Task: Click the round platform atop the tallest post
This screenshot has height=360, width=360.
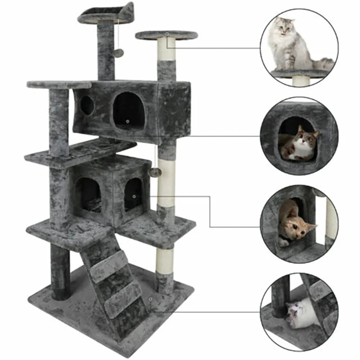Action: click(166, 35)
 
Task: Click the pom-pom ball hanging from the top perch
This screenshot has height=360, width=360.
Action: click(120, 53)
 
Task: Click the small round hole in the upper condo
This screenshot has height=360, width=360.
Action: click(87, 105)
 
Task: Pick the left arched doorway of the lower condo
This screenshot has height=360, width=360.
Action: click(89, 195)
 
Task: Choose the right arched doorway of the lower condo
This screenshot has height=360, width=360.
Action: click(133, 194)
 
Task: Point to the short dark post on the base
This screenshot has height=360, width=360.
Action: click(61, 271)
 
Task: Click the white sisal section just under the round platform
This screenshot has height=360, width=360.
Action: click(167, 50)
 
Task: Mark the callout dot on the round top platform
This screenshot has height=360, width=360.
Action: click(167, 33)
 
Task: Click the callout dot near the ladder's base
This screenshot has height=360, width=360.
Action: click(150, 299)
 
